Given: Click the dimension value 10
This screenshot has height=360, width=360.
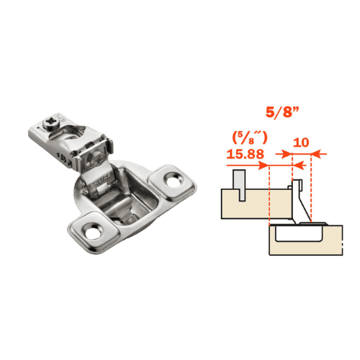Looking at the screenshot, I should click(x=301, y=142).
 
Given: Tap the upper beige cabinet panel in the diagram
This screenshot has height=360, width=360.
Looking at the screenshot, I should click(x=245, y=205).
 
